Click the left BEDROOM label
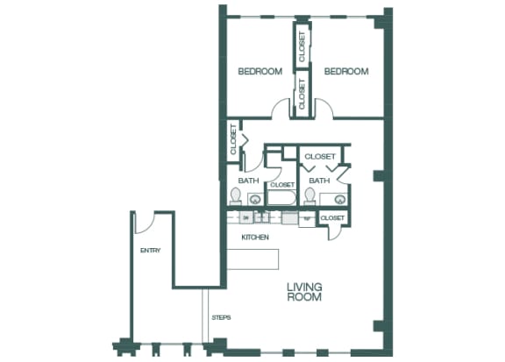pos(260,72)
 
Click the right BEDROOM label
pos(346,72)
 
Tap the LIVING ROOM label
pos(304,292)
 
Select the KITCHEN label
pos(254,238)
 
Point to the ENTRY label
pos(150,251)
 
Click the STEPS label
pos(220,317)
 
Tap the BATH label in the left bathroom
pos(249,181)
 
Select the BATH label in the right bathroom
pos(319,181)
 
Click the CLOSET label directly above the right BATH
pos(319,156)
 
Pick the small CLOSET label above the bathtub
pos(282,185)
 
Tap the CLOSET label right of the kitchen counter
pos(332,217)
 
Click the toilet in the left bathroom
pos(235,195)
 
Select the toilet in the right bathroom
pos(310,195)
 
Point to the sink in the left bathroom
pos(253,199)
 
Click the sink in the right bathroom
pos(326,199)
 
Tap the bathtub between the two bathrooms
pos(282,199)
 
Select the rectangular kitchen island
pos(253,259)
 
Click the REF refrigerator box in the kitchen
pos(308,218)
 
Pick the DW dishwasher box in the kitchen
pos(247,217)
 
